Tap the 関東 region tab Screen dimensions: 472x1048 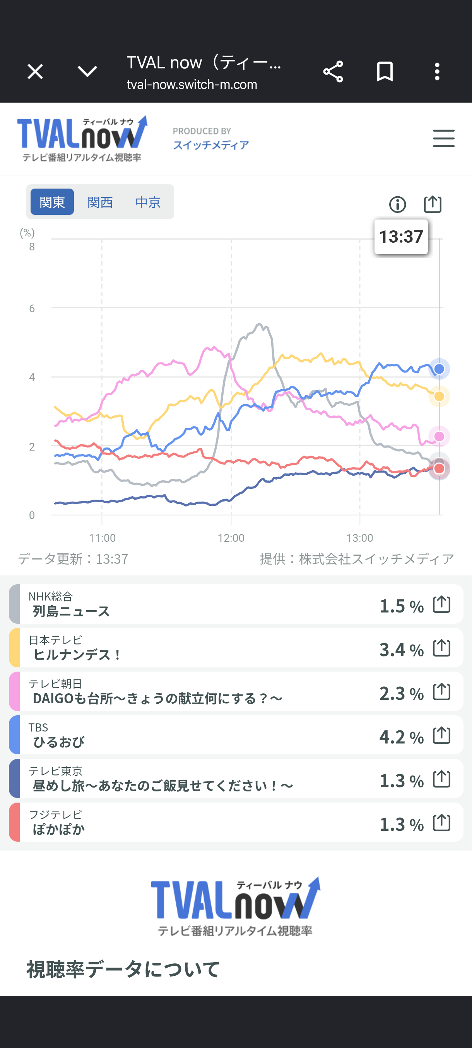point(52,202)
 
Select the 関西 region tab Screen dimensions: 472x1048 point(100,202)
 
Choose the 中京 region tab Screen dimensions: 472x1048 point(148,202)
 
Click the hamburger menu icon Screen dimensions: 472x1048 point(443,138)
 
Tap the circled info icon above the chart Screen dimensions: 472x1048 point(397,204)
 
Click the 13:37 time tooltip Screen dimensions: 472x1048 point(401,237)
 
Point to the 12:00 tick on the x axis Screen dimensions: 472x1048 point(231,538)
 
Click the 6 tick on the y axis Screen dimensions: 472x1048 point(32,308)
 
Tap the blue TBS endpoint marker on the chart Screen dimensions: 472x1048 point(439,369)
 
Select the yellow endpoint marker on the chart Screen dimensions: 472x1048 point(439,396)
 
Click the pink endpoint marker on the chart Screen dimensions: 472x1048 point(439,436)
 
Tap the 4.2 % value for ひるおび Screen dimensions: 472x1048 point(402,737)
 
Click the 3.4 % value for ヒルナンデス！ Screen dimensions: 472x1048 point(402,649)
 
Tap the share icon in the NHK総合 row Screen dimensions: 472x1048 point(441,604)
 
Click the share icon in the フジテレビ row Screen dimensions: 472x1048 point(441,823)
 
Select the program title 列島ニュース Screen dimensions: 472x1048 point(71,611)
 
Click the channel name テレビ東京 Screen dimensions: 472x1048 point(55,771)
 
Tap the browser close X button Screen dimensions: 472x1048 point(35,71)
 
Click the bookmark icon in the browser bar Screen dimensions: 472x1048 point(385,71)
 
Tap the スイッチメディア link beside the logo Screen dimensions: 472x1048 point(211,145)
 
